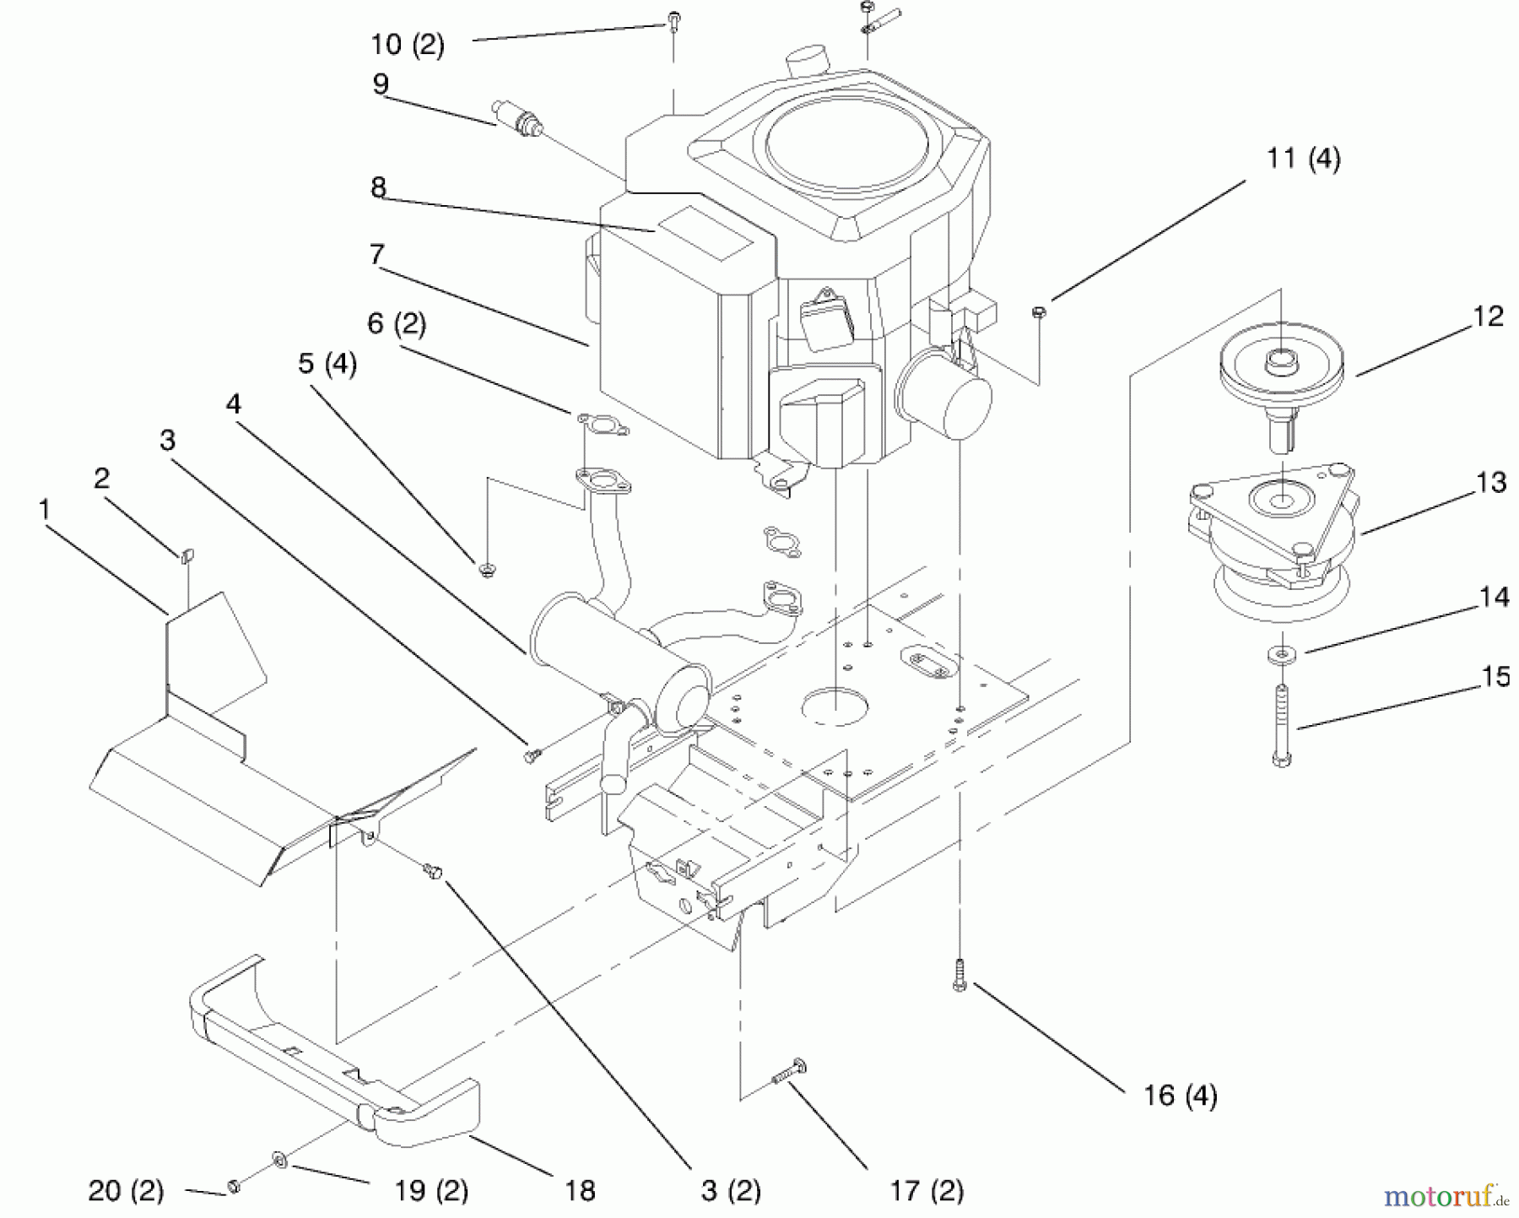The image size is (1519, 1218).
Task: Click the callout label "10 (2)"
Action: coord(408,44)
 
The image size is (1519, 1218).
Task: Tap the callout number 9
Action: coord(381,84)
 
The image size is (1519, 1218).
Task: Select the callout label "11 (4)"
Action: coord(1303,159)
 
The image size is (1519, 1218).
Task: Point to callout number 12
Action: coord(1489,317)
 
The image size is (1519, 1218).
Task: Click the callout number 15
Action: coord(1495,677)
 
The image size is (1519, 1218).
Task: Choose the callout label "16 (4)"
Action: coord(1181,1096)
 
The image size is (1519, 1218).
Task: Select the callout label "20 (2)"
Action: coord(126,1190)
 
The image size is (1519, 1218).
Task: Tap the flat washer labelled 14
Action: coord(1281,653)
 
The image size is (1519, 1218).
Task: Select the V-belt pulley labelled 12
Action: coord(1282,372)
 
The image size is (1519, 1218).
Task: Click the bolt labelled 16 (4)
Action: coord(959,975)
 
